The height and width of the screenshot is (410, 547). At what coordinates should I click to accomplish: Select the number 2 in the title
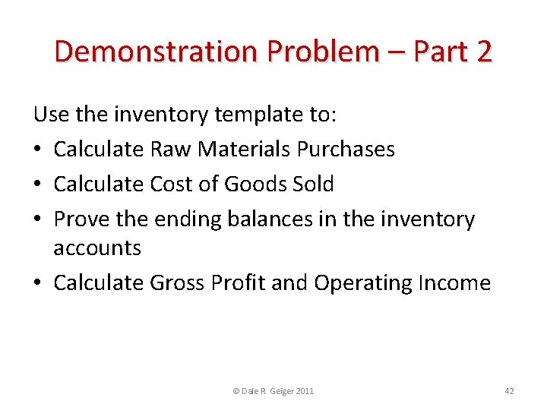(x=483, y=52)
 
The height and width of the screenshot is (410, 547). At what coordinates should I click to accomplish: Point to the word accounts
(x=97, y=248)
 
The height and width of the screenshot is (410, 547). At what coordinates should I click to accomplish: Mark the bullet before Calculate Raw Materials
(x=38, y=150)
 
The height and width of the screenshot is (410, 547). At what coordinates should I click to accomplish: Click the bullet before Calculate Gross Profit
(x=38, y=284)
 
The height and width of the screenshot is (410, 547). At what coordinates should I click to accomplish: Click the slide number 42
(x=509, y=391)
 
